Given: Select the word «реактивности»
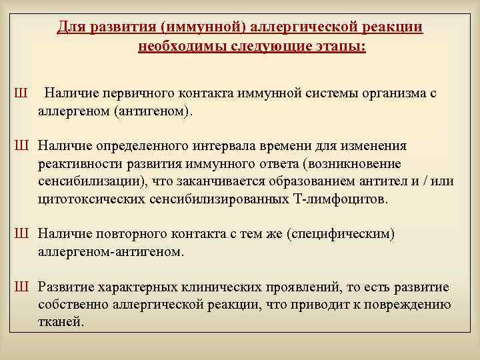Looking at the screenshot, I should pyautogui.click(x=77, y=163).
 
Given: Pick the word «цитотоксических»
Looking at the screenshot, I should pyautogui.click(x=87, y=199).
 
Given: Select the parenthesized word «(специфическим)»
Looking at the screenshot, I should pyautogui.click(x=345, y=234).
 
